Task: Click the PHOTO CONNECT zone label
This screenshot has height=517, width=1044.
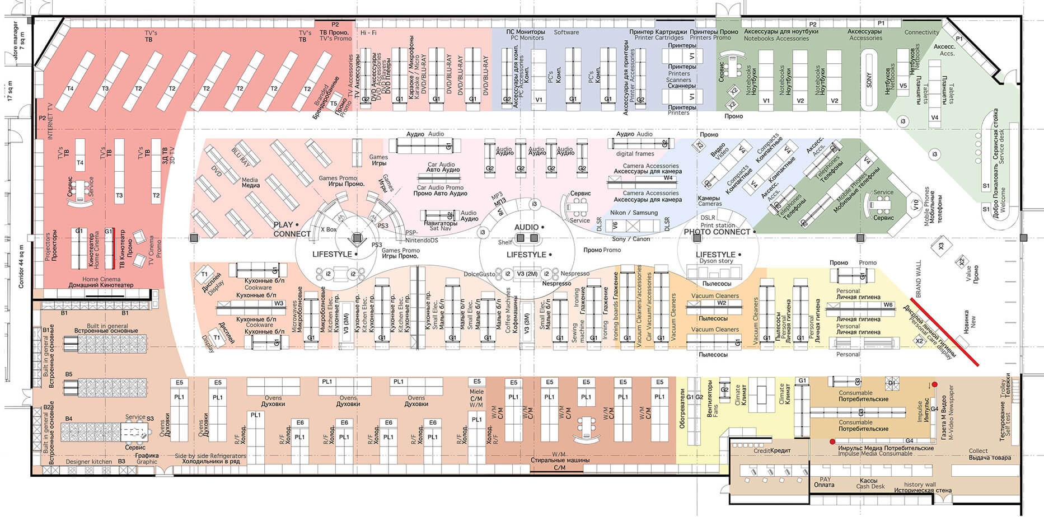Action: coord(717,232)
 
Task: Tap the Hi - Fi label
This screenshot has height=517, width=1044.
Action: coord(368,33)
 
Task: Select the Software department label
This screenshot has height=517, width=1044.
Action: coord(566,32)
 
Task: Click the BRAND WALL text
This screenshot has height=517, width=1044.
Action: coord(917,279)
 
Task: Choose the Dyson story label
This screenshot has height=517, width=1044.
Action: coord(716,261)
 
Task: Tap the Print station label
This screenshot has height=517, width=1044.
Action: coord(718,225)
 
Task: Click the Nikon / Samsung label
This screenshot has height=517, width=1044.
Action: coord(634,213)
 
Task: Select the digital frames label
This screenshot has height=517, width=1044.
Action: coord(635,153)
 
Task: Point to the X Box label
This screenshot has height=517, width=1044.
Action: coord(329,229)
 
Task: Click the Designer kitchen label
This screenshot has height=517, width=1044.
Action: coord(88,462)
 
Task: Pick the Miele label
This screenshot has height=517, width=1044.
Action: coord(476,392)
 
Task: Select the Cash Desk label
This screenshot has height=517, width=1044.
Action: coord(870,487)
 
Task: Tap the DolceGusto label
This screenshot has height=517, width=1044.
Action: coord(479,274)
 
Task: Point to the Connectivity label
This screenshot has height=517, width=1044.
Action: coord(921,32)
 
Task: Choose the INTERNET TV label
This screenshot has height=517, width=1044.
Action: coord(50,121)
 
